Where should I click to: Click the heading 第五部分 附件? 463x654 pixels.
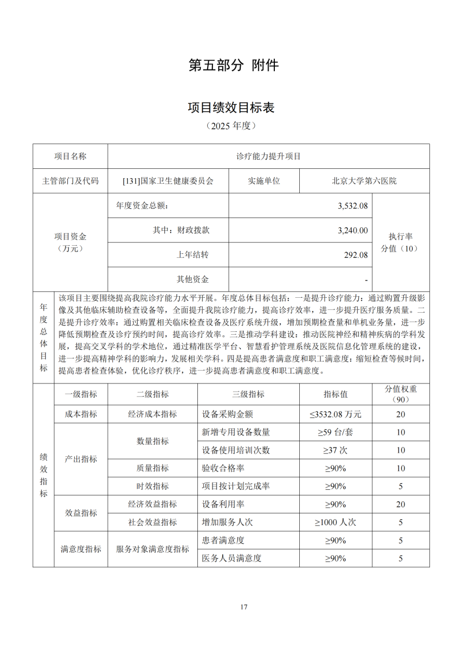point(234,65)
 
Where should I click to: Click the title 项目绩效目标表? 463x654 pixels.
point(231,107)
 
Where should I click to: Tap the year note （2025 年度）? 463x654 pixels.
point(231,125)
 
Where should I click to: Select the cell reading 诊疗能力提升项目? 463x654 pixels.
point(269,156)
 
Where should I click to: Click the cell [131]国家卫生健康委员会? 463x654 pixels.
point(168,181)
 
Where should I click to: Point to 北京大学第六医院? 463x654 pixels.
point(364,181)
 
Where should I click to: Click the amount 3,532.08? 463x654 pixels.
point(352,206)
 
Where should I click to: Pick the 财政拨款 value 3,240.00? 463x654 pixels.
point(352,230)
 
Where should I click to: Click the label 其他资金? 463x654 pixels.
point(193,279)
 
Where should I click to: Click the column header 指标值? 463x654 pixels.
point(335,394)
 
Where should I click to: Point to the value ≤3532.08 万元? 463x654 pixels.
point(335,415)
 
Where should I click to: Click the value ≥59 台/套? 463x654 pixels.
point(335,432)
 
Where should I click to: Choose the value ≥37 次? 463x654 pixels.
point(335,450)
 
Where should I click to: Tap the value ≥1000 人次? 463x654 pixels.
point(335,522)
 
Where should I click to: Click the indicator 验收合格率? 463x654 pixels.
point(227,468)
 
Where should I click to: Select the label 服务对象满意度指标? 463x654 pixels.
point(153,549)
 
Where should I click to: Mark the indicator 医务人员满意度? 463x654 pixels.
point(231,559)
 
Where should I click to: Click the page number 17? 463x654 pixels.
point(244,607)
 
